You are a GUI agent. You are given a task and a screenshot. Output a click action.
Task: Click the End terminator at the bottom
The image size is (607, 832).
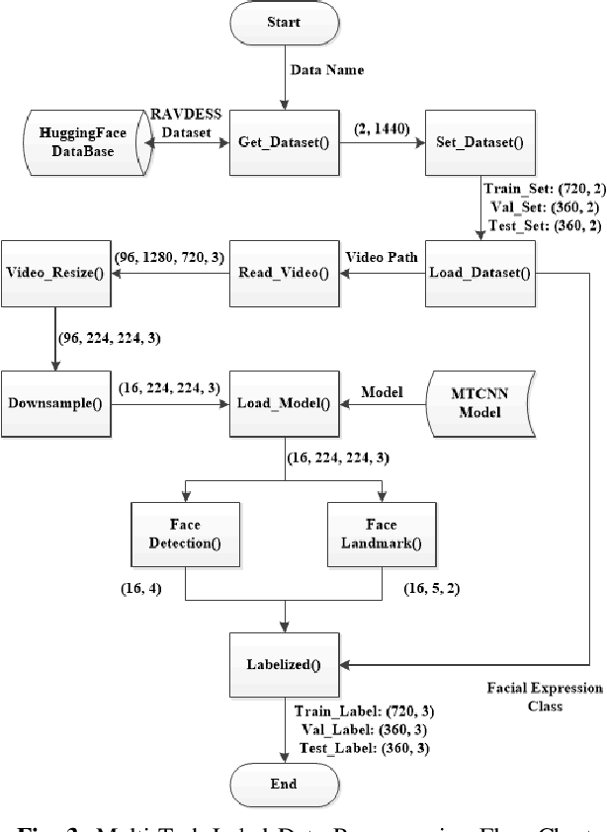[286, 784]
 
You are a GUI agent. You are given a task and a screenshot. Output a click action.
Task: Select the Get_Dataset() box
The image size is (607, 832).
[285, 141]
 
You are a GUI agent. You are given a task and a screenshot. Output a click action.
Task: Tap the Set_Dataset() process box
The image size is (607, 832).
[480, 141]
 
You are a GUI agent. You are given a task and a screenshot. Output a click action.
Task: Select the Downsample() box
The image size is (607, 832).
[56, 404]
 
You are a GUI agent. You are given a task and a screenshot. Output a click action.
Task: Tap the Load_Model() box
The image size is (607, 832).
[285, 404]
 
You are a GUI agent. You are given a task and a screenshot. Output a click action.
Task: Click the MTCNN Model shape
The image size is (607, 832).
[480, 404]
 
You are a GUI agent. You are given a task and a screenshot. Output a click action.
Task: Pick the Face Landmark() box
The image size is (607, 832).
[381, 533]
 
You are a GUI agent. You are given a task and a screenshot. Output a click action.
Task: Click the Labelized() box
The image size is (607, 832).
[285, 665]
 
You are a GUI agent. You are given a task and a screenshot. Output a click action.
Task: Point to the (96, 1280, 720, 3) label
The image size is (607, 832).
[168, 257]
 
